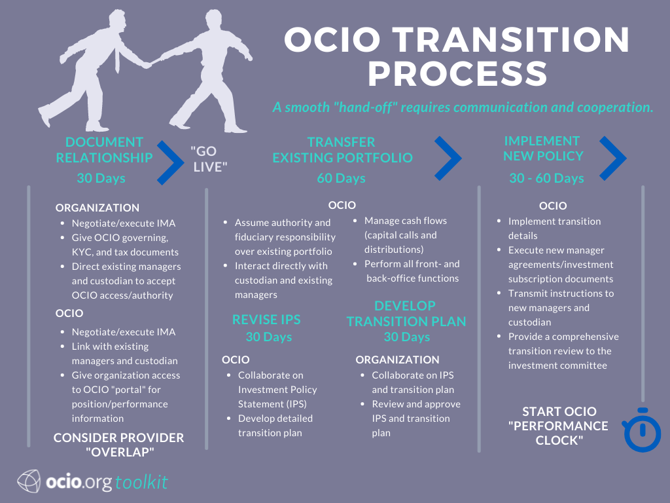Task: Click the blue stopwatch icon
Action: point(642,431)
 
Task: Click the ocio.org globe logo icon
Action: point(30,482)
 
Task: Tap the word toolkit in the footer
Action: point(141,483)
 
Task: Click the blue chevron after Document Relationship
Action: point(169,159)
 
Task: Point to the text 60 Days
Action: point(341,178)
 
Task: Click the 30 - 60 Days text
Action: point(546,178)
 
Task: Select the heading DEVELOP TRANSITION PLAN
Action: point(406,314)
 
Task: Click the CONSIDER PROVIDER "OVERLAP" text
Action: point(118,445)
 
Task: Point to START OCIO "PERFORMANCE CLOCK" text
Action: point(559,426)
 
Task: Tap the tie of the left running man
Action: point(116,58)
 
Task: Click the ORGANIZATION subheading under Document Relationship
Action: point(97,208)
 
